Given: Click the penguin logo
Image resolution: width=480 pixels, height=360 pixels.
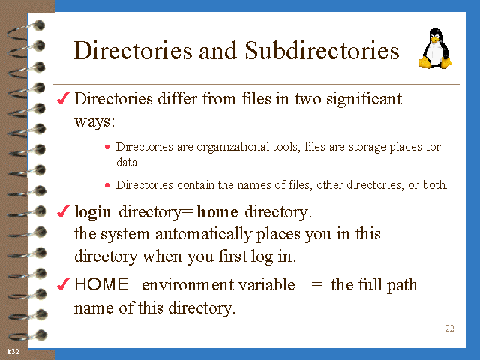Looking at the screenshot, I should (436, 49).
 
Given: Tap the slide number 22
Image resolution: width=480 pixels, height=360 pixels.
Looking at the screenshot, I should (449, 328).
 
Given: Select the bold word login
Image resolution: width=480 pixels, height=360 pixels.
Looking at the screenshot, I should (93, 212).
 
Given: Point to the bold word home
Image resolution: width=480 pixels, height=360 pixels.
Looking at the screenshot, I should (217, 212).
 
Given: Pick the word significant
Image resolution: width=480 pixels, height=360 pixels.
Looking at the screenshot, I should (364, 98).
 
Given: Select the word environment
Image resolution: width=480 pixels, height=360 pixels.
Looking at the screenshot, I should (184, 285).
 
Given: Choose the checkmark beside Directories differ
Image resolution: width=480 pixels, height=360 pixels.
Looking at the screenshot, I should (64, 98).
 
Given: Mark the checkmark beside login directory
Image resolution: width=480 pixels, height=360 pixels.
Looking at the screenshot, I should (64, 212).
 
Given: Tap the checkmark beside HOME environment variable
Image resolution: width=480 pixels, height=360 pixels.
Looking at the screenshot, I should (64, 285).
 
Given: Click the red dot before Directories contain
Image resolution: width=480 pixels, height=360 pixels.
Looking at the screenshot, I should (107, 185).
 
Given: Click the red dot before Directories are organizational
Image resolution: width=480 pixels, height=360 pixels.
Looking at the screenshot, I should (107, 147).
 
